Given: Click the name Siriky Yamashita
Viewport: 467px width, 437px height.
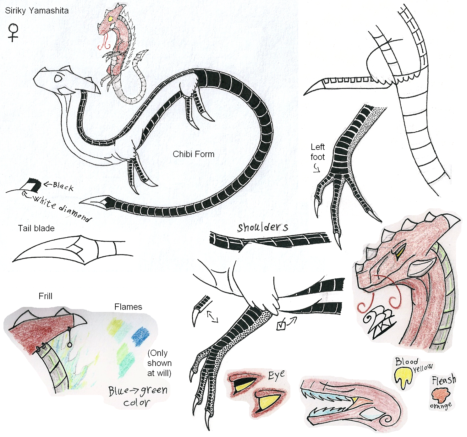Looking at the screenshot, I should coord(37,11).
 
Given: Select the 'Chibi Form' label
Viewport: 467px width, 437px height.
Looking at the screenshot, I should coord(193,154).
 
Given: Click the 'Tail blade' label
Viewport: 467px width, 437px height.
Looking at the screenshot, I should coord(36,228).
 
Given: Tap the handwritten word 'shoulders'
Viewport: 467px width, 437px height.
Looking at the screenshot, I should coord(262,227).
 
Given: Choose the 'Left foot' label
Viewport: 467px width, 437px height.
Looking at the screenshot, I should coord(317,152).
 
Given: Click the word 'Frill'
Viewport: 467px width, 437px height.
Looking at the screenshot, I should coord(45,296).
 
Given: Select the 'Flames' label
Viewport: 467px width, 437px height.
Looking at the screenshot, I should coord(128,307).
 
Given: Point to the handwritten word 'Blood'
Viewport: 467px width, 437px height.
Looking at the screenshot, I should coord(407,362).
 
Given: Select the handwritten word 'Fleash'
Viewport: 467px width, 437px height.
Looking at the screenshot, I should coord(443,380).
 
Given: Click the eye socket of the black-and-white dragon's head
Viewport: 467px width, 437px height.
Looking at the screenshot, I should coord(58,78).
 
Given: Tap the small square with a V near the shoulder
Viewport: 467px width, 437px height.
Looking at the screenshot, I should coord(281,326).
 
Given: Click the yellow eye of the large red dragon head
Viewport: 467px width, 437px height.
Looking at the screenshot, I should coord(399,251).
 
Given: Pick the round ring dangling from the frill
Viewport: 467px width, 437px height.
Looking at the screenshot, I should coord(69,344).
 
